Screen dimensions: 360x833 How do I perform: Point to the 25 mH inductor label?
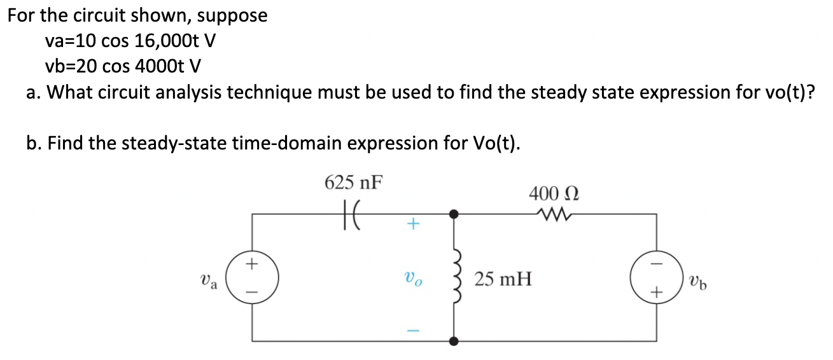503,278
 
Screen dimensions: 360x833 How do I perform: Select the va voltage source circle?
253,278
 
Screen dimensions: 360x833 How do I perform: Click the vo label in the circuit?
412,279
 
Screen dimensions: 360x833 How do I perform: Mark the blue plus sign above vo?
412,224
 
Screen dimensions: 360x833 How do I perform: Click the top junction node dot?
454,214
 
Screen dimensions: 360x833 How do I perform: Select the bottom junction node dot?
454,342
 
